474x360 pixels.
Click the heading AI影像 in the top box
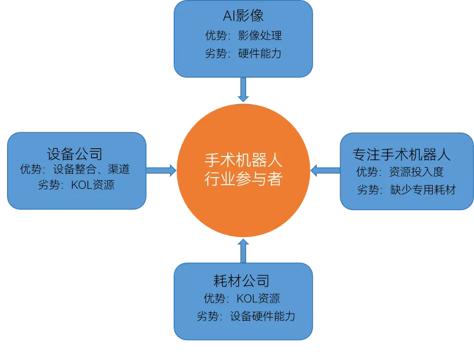coord(243,15)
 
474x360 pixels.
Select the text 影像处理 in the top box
coord(260,35)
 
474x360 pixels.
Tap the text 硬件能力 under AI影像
coord(260,54)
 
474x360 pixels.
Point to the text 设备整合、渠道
coord(91,169)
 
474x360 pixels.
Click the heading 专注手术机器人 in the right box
coord(402,155)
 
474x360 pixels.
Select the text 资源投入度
coord(416,172)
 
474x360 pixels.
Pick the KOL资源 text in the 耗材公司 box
coord(258,298)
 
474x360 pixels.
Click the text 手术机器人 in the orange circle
coord(243,160)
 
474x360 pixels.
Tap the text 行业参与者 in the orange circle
coord(243,179)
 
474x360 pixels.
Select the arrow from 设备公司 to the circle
coord(161,171)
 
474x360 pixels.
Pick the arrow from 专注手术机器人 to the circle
coord(325,171)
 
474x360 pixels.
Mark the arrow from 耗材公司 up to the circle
coord(243,250)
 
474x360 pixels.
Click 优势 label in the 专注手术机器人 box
coord(367,172)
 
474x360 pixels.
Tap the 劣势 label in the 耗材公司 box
coord(208,316)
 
